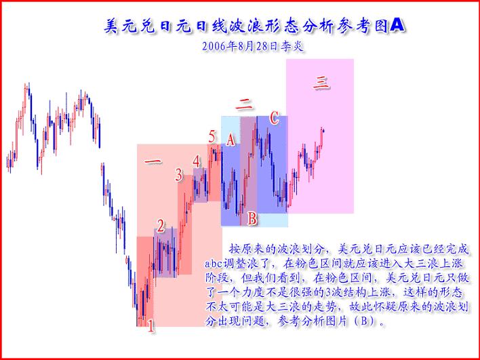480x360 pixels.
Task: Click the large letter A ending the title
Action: pos(399,25)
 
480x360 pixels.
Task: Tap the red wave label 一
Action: pos(153,162)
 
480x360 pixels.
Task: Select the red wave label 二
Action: pos(245,104)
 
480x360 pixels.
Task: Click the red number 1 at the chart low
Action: pos(151,327)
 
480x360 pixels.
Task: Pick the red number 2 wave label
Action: pos(161,226)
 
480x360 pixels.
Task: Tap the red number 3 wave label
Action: pos(179,176)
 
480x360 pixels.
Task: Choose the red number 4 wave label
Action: pos(196,161)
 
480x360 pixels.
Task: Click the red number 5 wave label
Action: pos(212,137)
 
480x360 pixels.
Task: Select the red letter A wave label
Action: pos(231,140)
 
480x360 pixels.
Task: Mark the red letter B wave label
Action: pos(252,218)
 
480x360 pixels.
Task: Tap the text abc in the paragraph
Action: pos(217,264)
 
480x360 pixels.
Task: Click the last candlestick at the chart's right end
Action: pos(323,130)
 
